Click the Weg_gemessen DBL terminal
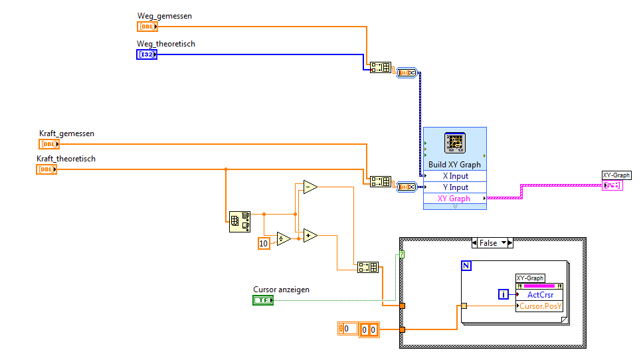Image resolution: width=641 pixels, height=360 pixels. point(147,27)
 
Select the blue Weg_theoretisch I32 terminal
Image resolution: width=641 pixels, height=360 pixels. point(147,54)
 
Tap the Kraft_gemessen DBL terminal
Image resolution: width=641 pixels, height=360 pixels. point(49,144)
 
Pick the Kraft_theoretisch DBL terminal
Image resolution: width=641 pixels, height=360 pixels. point(46,169)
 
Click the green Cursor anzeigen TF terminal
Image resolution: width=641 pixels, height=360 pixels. point(263,300)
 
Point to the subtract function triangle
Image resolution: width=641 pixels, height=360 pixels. point(309,188)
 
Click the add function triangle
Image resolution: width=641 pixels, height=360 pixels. point(310,234)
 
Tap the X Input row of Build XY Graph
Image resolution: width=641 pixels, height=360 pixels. point(455,176)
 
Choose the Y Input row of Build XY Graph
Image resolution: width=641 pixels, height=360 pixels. point(455,187)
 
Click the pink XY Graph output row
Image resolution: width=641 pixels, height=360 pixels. point(455,199)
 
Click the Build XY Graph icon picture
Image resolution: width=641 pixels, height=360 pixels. point(455,143)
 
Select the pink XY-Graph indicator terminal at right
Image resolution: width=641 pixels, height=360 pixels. point(612,185)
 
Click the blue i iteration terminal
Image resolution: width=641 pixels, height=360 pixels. point(504,294)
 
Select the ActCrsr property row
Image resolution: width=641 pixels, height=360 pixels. point(539,294)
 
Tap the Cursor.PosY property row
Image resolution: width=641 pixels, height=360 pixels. point(539,306)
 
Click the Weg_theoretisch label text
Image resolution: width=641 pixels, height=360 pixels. point(166,44)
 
